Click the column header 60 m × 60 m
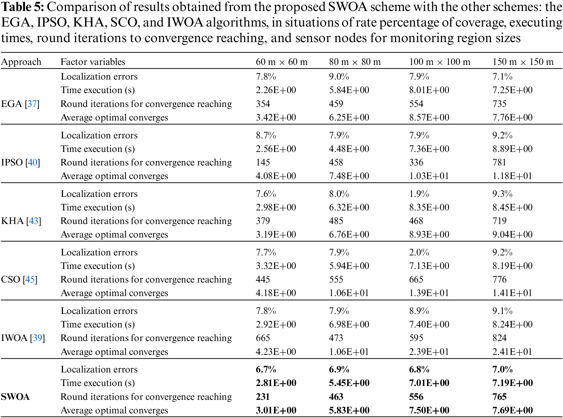281,62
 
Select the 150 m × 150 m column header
523,62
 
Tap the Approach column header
21,62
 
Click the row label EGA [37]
20,104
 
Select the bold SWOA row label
15,397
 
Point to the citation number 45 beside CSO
30,279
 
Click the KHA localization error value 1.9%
419,194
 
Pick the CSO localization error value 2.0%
419,252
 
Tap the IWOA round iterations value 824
499,338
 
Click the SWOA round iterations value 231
263,397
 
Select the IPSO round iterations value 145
263,162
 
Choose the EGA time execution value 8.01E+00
429,90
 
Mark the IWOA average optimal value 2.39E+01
429,352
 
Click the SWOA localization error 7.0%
502,369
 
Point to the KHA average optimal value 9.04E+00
512,234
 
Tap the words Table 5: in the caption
22,7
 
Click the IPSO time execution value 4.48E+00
349,149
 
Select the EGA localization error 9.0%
339,76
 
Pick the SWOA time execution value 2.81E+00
276,383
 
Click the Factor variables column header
93,62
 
